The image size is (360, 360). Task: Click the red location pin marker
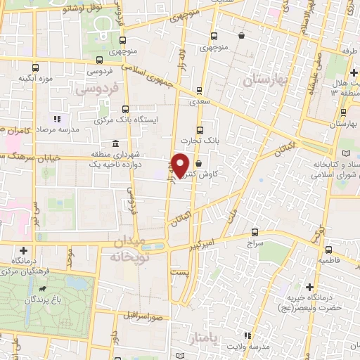[x=181, y=165]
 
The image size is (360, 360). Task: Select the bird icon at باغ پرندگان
[x=44, y=288]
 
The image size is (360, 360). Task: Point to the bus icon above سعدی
[x=200, y=90]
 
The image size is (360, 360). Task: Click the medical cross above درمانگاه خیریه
[x=310, y=286]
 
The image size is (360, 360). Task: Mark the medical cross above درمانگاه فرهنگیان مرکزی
[x=24, y=250]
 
